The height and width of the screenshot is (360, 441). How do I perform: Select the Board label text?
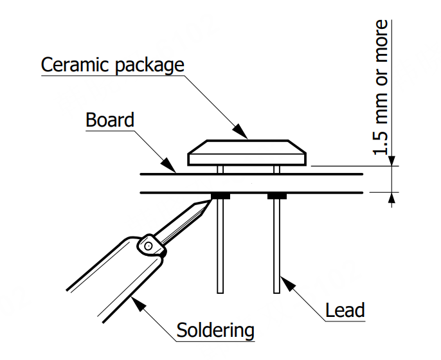pos(110,120)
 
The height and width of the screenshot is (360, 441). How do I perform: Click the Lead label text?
pos(345,310)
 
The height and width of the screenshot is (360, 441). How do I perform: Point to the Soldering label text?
pos(215,331)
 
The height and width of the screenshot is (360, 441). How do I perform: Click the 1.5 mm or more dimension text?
pos(382,87)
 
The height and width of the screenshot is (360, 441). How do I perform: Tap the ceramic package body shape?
pos(248,153)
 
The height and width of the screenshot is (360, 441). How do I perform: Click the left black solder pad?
pos(221,195)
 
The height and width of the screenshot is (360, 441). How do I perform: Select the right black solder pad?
pos(277,195)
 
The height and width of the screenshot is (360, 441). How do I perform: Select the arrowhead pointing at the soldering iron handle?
pos(135,300)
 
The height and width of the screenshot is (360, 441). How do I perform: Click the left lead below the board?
pos(221,244)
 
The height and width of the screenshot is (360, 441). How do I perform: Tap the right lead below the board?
pos(277,244)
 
